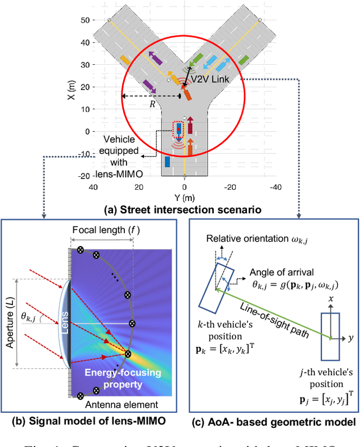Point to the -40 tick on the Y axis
tap(274, 186)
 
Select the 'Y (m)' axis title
tap(184, 198)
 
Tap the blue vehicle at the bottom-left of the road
tap(167, 162)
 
